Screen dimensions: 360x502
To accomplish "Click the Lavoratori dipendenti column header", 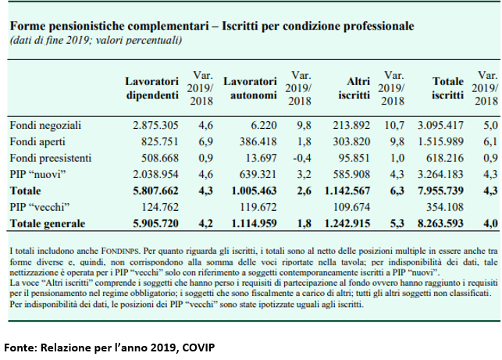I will coord(155,88).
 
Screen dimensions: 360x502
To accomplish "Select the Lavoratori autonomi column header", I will coord(251,88).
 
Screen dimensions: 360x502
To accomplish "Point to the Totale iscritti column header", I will coord(449,88).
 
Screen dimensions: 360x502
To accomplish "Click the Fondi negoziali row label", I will coord(45,125).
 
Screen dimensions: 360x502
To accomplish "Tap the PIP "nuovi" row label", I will coord(37,174).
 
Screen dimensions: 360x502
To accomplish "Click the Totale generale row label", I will coord(47,224).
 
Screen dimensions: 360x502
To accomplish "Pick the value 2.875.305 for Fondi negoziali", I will coord(158,125).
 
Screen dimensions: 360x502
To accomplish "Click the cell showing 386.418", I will coord(256,141).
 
